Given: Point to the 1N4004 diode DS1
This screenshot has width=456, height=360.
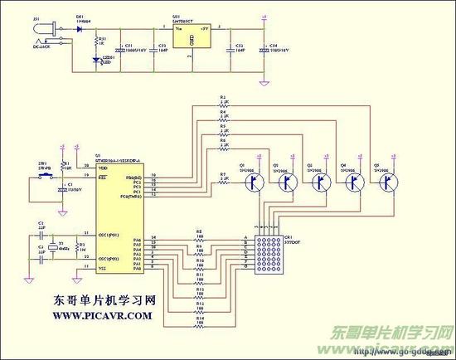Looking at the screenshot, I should pos(80,28).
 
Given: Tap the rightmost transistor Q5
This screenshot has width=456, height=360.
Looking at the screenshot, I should pos(386,184).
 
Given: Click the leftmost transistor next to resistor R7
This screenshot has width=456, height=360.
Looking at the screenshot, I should pos(248,184).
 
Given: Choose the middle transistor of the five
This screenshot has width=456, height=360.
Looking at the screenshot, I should pos(318,184).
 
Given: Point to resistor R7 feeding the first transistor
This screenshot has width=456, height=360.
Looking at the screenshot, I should pos(222,180).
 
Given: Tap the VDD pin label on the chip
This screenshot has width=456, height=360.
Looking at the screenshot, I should pos(104,168).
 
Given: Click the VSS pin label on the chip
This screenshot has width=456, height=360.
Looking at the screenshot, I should pos(104,269).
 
